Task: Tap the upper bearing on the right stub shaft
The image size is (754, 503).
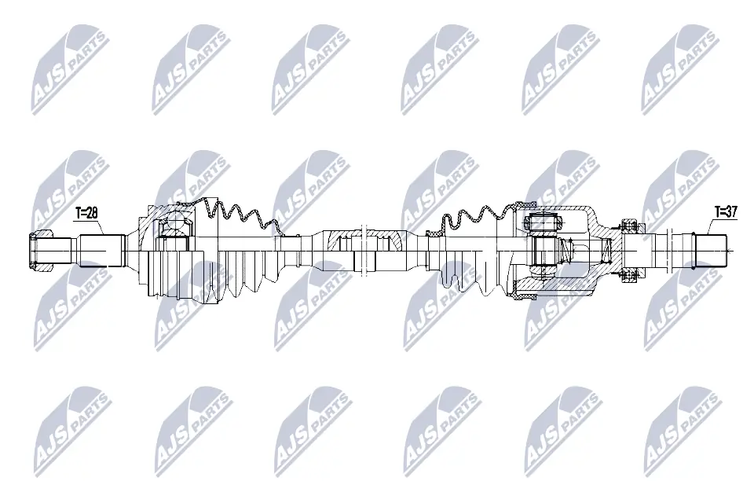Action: click(628, 226)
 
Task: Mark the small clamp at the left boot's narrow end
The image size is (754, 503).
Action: click(292, 233)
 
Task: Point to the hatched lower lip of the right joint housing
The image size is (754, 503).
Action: click(522, 296)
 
